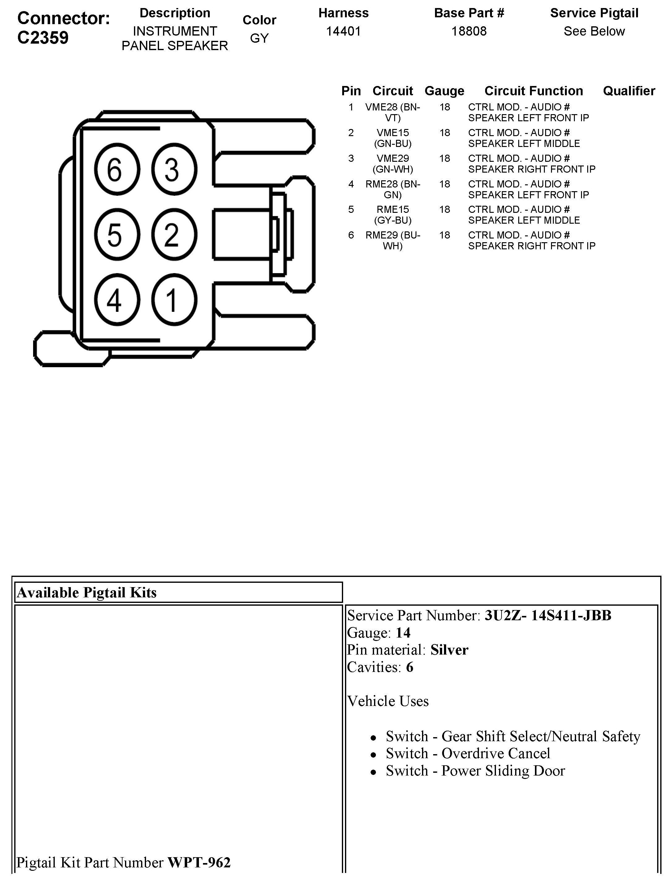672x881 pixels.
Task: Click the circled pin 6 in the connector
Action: pos(117,170)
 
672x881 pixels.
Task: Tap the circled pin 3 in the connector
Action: pos(174,170)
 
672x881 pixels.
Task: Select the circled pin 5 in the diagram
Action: pos(117,235)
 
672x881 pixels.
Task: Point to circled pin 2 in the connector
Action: pos(174,235)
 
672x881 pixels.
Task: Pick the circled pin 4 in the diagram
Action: pos(117,300)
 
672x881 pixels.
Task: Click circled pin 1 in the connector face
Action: pos(174,300)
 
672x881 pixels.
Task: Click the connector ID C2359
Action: pos(43,38)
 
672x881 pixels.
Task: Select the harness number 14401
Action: pos(343,31)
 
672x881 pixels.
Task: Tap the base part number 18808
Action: pos(469,31)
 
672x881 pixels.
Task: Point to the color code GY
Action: pos(259,38)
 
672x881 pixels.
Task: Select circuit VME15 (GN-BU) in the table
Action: pos(393,138)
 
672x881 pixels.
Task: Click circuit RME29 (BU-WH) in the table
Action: pos(393,240)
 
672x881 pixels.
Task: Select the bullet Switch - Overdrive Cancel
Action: pos(467,754)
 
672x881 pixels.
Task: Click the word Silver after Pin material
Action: pos(449,650)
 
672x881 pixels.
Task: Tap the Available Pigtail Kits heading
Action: pos(87,593)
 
